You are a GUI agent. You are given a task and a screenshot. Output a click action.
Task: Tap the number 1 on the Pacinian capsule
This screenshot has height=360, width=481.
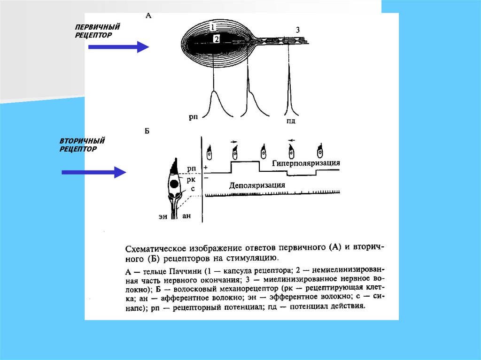(213, 27)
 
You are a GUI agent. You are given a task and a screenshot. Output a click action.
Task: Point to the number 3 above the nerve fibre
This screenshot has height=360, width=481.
(298, 31)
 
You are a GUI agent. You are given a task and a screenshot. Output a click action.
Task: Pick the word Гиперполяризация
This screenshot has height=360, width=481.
(306, 163)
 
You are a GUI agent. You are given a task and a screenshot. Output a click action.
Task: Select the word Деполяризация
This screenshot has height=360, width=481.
(257, 185)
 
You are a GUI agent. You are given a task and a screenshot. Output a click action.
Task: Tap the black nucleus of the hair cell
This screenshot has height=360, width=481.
(174, 184)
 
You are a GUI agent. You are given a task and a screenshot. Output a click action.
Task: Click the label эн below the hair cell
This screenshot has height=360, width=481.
(163, 216)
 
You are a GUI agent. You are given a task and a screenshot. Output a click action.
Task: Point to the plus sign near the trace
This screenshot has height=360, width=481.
(205, 168)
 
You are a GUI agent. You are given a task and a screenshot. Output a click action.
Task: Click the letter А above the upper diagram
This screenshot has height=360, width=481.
(148, 15)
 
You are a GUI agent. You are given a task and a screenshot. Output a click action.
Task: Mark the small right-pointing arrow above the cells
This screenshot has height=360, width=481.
(234, 140)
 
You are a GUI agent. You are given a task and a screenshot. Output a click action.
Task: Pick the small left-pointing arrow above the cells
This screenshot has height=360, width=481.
(292, 140)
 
